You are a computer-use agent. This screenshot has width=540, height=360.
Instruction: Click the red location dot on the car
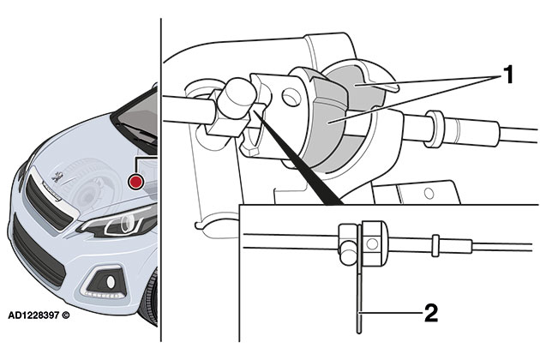tap(135, 182)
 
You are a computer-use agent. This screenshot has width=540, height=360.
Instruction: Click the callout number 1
tap(507, 75)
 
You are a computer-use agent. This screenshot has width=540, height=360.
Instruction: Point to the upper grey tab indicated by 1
tap(360, 83)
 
